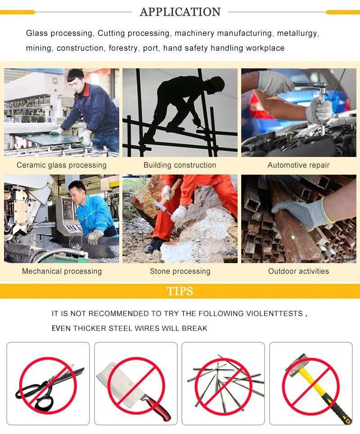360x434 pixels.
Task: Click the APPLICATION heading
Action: [x=180, y=12]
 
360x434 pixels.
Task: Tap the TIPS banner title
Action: [x=180, y=291]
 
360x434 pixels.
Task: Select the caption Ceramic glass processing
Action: [x=62, y=165]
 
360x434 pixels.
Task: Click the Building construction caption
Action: [x=180, y=165]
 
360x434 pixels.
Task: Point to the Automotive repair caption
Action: [x=298, y=165]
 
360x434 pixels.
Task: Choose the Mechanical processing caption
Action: [x=62, y=271]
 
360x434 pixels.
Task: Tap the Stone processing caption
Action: [x=180, y=271]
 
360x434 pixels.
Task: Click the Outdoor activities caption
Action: [x=298, y=271]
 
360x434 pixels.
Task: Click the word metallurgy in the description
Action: [x=298, y=33]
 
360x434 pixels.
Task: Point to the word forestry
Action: [x=123, y=49]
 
